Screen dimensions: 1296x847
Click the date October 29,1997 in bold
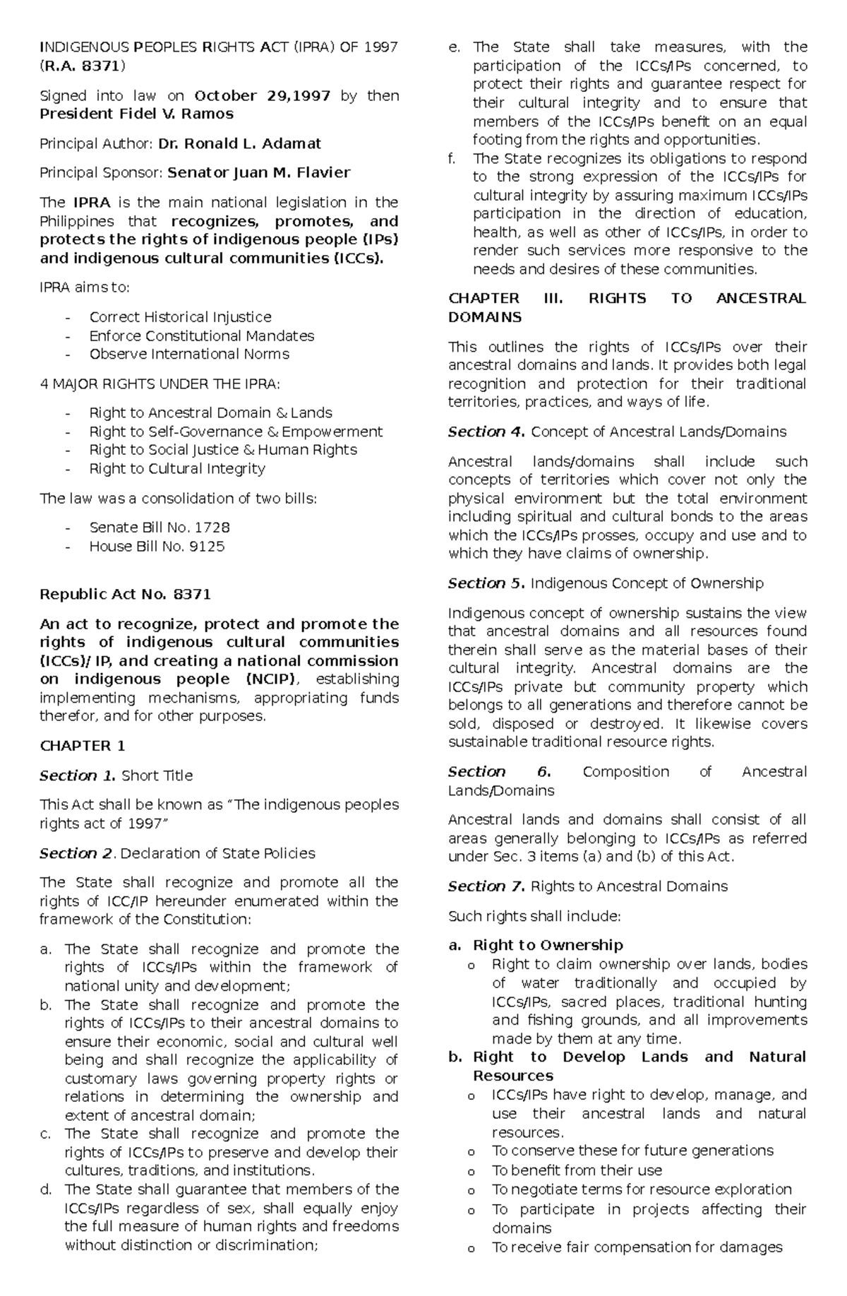click(x=262, y=95)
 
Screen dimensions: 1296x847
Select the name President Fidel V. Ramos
click(x=136, y=114)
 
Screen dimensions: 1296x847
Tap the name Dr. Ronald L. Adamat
click(x=239, y=143)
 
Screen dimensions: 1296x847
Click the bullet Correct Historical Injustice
click(x=180, y=317)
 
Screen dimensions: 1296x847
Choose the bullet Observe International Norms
click(x=188, y=354)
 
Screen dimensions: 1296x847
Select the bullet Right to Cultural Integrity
click(x=176, y=468)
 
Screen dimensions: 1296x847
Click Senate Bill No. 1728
click(x=160, y=527)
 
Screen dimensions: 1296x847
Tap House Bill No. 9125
click(x=157, y=546)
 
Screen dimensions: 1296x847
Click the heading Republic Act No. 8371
click(x=125, y=594)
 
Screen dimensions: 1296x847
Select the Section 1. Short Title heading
click(x=116, y=775)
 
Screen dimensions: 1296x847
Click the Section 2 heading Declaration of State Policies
click(x=177, y=853)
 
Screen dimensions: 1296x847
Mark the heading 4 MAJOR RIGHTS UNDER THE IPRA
click(x=160, y=384)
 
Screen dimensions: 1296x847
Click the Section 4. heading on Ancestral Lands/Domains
click(x=617, y=432)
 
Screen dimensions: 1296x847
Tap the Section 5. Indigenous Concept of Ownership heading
click(x=606, y=583)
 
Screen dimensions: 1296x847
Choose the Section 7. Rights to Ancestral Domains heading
click(x=587, y=886)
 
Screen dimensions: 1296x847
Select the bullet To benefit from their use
click(x=577, y=1170)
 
